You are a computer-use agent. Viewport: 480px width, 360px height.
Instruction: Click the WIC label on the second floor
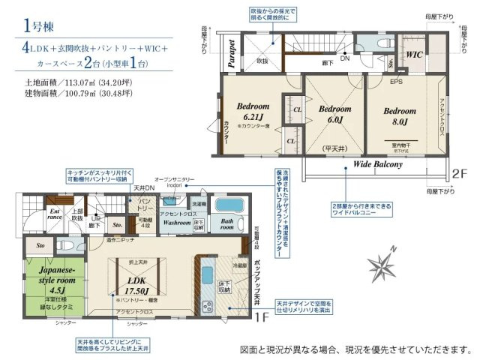coord(415,55)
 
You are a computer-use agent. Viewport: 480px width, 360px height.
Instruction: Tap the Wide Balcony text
coord(377,163)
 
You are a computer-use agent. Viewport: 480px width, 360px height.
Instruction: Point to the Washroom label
coord(177,223)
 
